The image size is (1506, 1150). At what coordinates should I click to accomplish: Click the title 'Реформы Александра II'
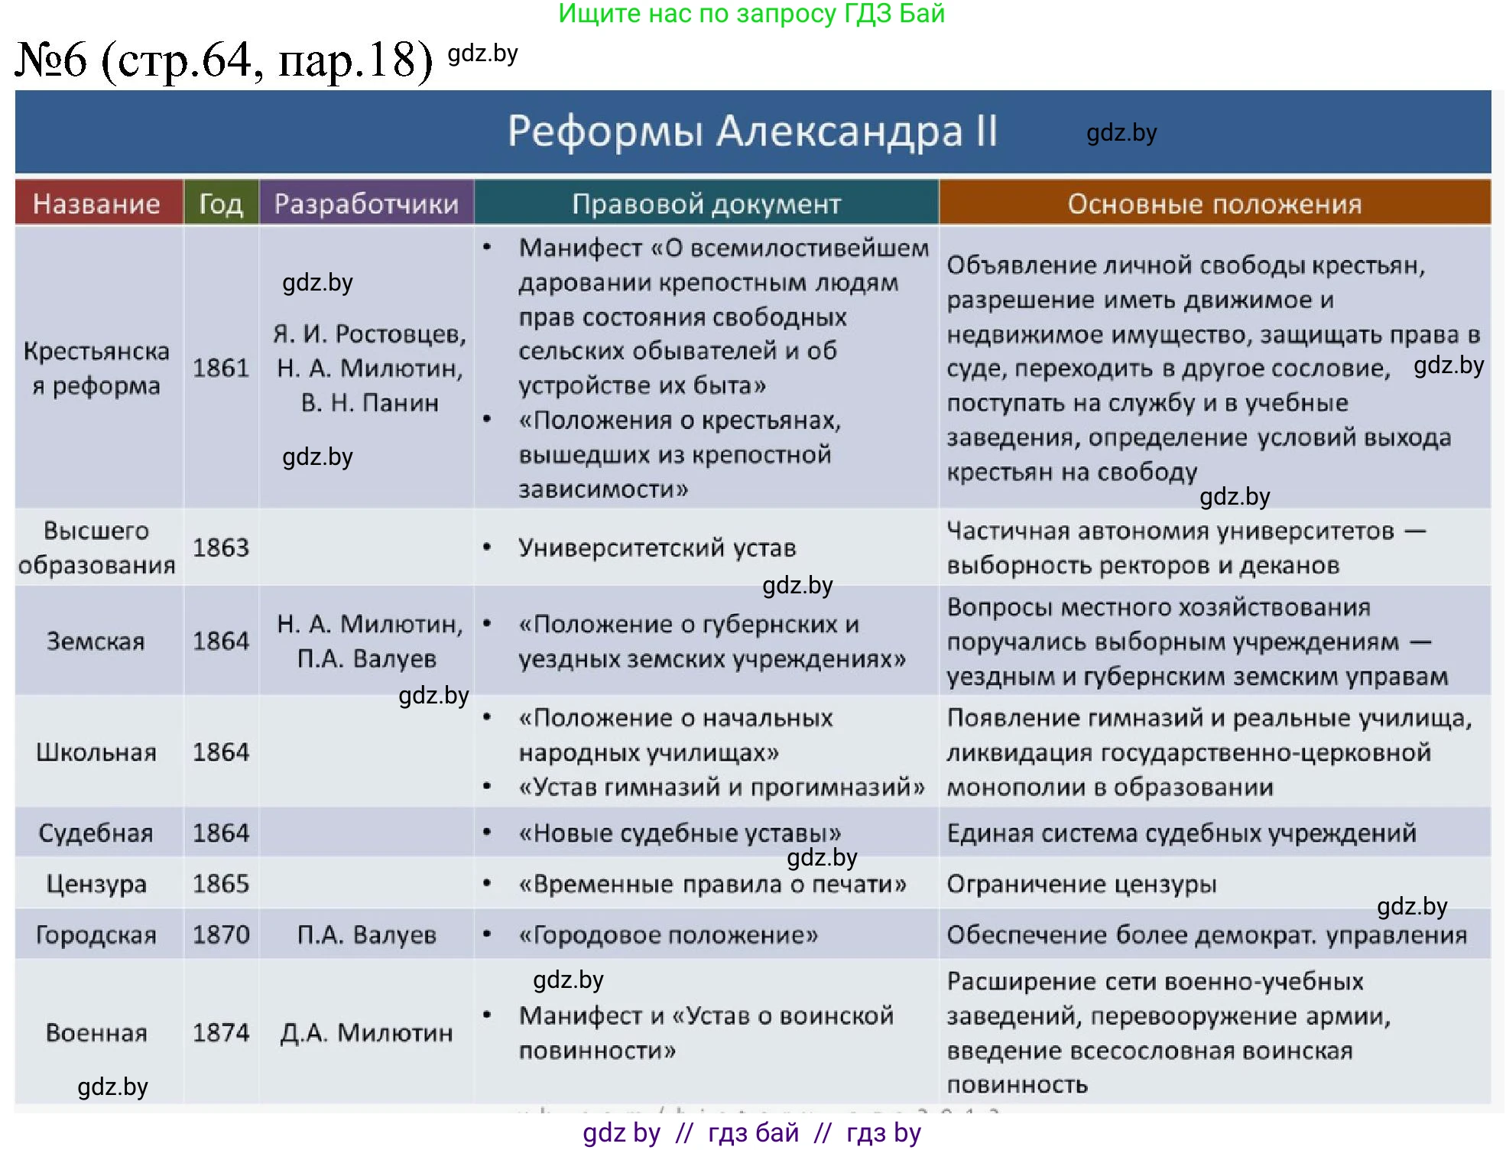752,132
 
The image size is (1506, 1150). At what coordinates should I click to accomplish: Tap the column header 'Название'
96,204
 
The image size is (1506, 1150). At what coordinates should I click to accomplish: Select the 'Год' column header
221,204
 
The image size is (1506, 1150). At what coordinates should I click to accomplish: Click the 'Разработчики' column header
366,204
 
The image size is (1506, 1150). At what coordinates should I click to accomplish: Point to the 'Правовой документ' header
706,204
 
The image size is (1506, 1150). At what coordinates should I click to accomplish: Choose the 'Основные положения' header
1214,204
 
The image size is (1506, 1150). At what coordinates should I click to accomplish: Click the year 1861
221,368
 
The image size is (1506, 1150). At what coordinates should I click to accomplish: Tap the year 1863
221,547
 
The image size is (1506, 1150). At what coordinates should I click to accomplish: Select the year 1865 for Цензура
221,884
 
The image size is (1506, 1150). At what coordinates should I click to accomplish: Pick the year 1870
221,934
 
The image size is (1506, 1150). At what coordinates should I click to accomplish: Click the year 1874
221,1033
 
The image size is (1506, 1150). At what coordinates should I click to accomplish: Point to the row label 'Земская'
96,641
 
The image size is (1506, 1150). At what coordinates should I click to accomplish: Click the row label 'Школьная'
96,752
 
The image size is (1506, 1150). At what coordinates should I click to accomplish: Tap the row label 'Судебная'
96,833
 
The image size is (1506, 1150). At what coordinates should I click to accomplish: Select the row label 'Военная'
96,1033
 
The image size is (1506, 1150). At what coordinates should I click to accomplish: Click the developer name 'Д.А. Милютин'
366,1033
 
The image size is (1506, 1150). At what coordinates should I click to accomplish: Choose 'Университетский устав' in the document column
657,547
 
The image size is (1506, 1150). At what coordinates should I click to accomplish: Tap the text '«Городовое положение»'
668,934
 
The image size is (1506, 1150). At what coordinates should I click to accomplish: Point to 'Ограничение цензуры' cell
1081,884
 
